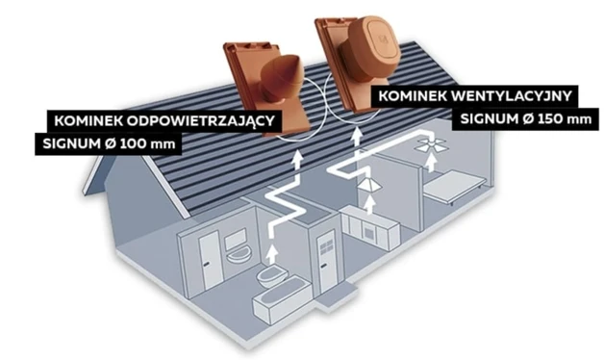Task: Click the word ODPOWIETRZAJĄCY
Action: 201,121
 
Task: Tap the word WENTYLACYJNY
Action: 512,96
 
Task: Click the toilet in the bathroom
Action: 273,275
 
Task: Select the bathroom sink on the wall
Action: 239,255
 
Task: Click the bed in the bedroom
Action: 454,188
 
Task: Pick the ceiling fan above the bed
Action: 432,144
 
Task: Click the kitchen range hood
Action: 369,185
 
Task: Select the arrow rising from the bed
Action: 431,163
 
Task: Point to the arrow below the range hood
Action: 369,204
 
